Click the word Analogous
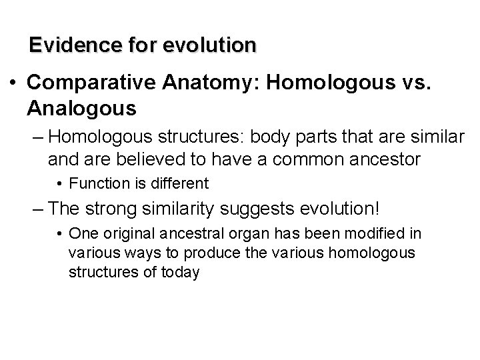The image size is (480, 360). point(83,107)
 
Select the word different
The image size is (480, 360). point(182,183)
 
